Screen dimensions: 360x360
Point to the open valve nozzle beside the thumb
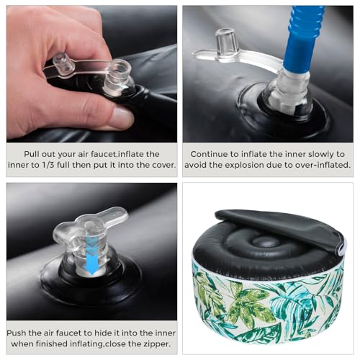[x=118, y=77]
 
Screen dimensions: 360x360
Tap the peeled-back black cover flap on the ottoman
[x=279, y=228]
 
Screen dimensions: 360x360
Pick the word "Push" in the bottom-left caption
[x=17, y=333]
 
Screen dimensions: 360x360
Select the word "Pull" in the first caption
[x=32, y=154]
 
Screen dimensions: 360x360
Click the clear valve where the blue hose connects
[x=289, y=92]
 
